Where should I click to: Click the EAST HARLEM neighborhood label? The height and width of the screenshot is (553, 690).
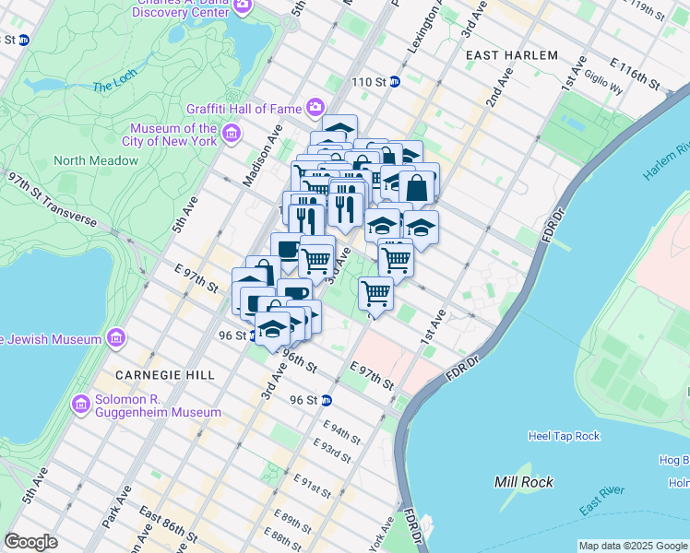pyautogui.click(x=512, y=55)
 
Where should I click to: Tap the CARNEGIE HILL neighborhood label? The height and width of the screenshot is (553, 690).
pyautogui.click(x=165, y=375)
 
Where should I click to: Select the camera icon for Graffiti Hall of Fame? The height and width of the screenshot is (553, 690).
pyautogui.click(x=315, y=109)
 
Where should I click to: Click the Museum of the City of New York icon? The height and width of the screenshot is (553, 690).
pyautogui.click(x=231, y=135)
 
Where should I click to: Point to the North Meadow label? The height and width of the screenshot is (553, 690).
pyautogui.click(x=96, y=160)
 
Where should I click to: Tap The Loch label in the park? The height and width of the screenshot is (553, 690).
pyautogui.click(x=113, y=87)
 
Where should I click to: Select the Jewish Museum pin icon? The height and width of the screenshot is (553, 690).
pyautogui.click(x=116, y=339)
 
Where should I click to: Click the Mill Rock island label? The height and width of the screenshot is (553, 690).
pyautogui.click(x=524, y=482)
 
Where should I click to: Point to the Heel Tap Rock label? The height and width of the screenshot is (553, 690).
pyautogui.click(x=564, y=436)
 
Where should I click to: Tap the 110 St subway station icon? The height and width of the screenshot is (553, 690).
pyautogui.click(x=394, y=82)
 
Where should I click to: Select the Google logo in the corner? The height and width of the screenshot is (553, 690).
pyautogui.click(x=30, y=542)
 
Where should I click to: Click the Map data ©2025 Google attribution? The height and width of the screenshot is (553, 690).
pyautogui.click(x=633, y=546)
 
